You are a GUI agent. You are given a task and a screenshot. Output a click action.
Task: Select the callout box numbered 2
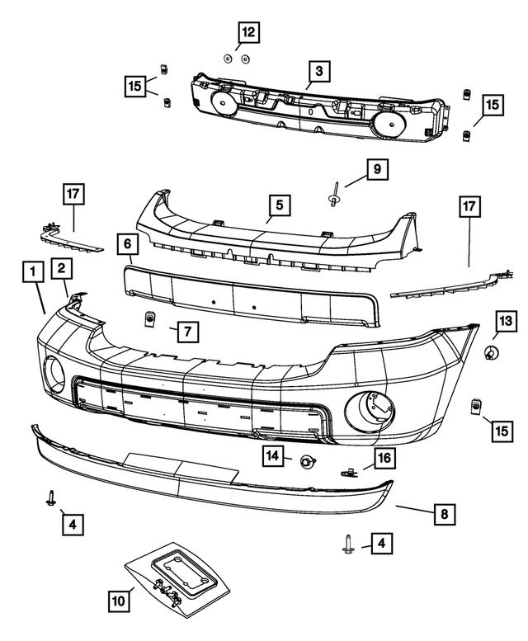[x=61, y=266]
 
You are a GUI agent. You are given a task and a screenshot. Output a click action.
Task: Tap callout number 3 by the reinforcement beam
[x=319, y=71]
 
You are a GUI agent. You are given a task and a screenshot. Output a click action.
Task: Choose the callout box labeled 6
[x=128, y=244]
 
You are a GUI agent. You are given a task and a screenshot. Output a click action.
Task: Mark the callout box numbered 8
[x=444, y=514]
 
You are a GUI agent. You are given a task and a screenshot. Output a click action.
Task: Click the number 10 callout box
[x=120, y=601]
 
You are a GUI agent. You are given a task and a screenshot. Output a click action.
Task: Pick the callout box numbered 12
[x=247, y=33]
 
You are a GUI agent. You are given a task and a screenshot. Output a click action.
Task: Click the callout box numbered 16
[x=384, y=458]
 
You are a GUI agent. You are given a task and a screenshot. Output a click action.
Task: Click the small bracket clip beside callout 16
[x=349, y=471]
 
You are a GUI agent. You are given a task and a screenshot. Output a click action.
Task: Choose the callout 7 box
[x=187, y=332]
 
